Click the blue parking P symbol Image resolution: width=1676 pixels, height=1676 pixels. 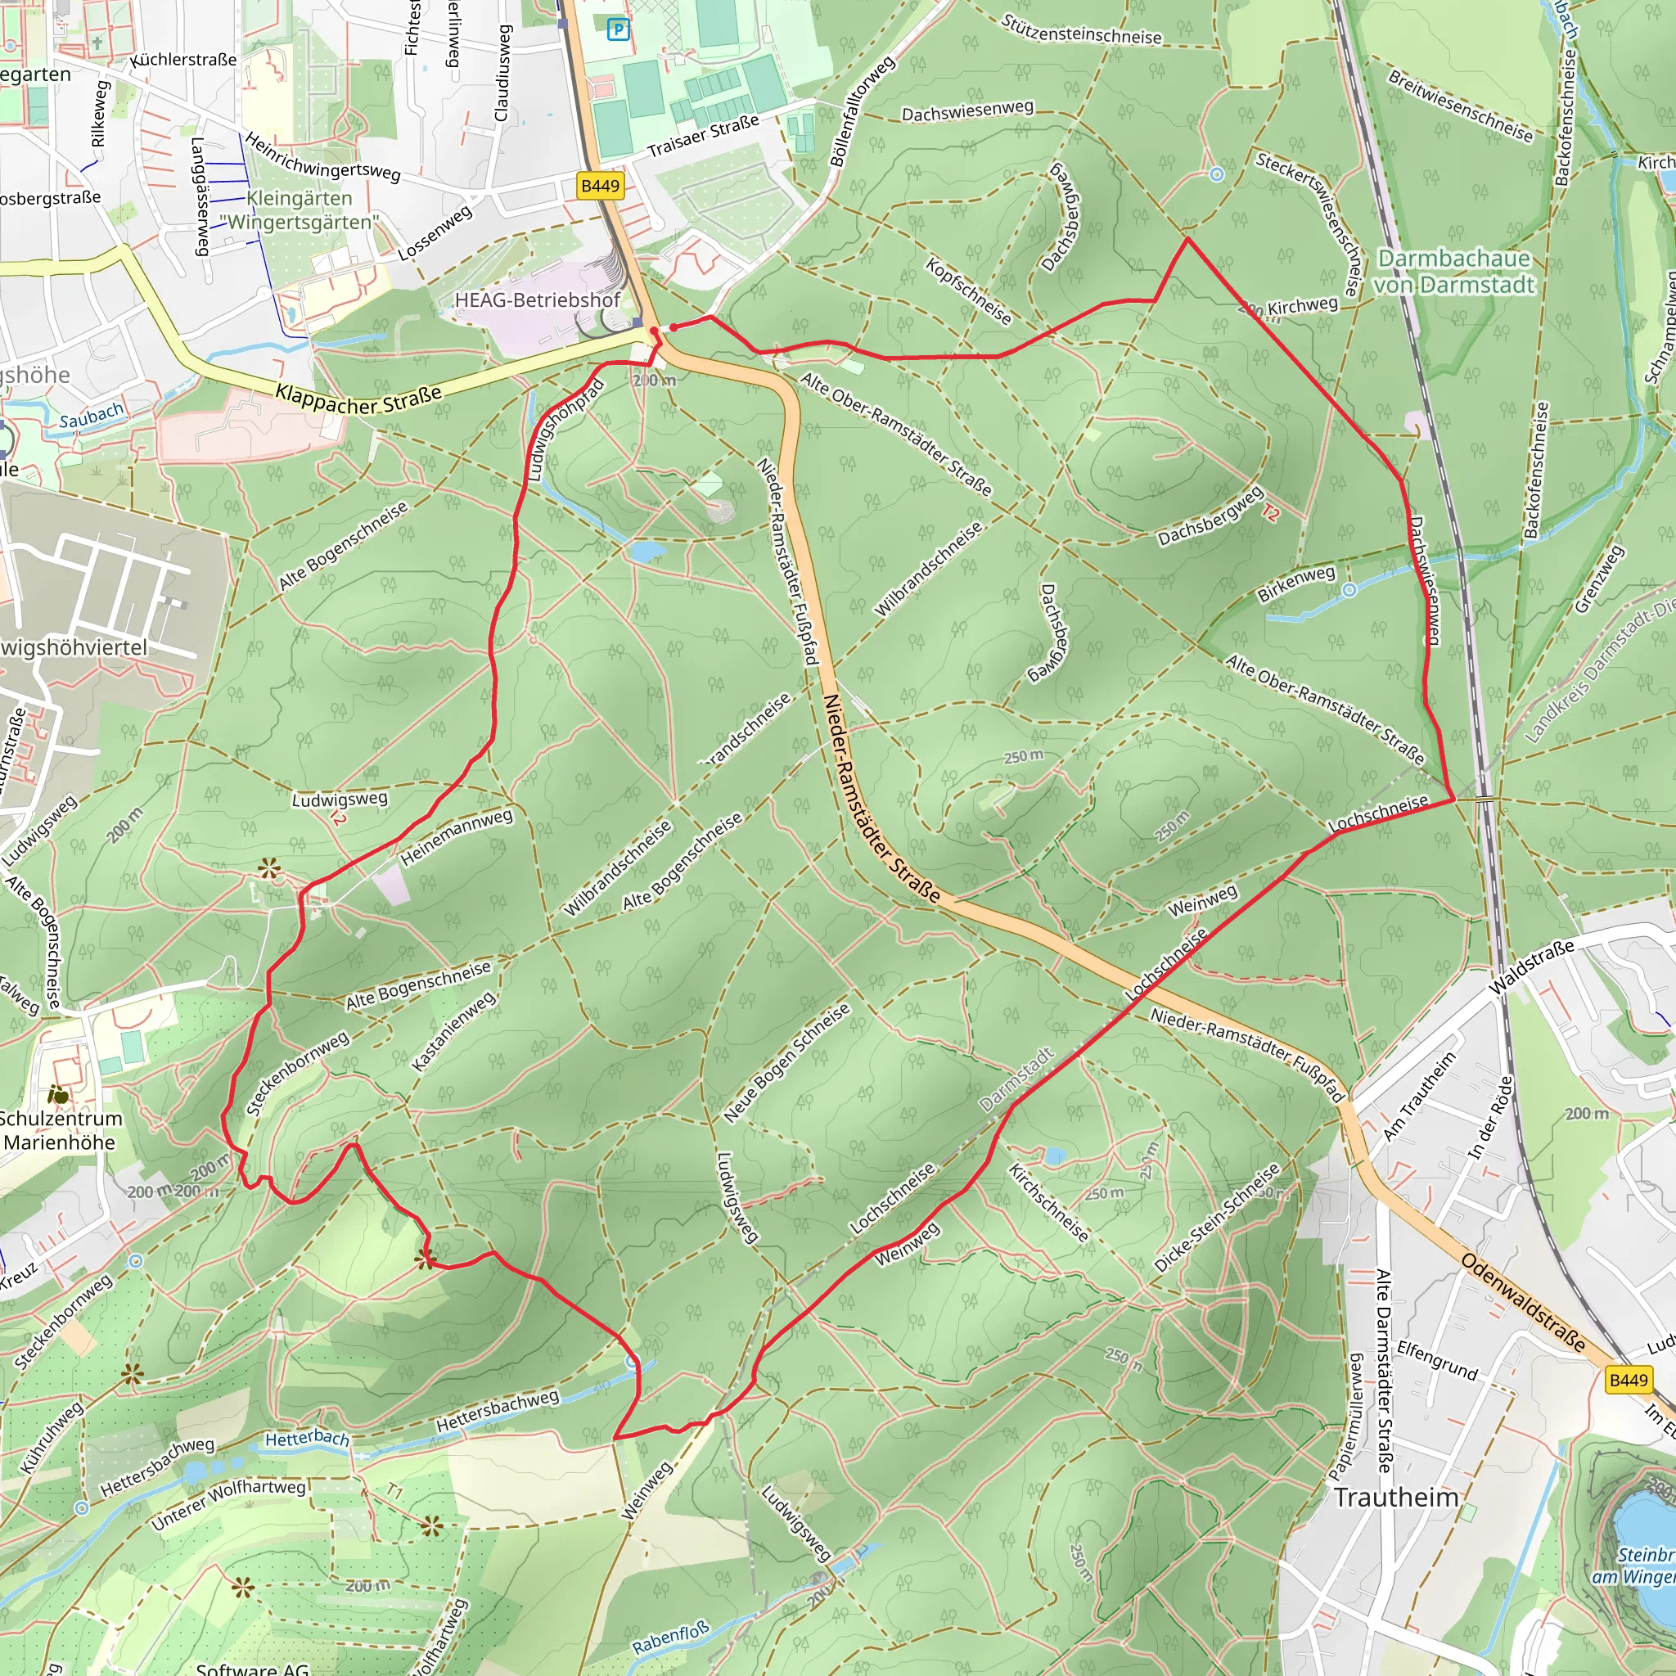(618, 30)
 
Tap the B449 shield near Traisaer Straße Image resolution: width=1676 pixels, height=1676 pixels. (601, 186)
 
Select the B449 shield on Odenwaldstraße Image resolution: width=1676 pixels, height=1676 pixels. (1628, 1381)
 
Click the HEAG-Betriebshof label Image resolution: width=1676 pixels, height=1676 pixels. (538, 300)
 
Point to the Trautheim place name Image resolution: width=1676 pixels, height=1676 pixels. (1396, 1498)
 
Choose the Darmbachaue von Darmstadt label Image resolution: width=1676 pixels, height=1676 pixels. (1454, 272)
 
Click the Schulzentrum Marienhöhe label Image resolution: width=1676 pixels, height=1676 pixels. (61, 1130)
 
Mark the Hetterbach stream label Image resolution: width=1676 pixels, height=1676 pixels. (307, 1439)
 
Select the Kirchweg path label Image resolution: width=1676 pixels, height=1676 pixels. (1302, 305)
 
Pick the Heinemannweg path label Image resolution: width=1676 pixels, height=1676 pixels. (457, 837)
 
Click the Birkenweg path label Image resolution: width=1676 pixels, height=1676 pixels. (1296, 583)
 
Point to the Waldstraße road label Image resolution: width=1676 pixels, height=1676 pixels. (1531, 967)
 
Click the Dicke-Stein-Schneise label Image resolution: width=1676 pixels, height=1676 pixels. (1217, 1218)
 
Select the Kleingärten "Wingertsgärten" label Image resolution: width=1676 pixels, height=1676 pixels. (300, 210)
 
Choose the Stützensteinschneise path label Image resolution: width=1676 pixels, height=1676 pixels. (1081, 29)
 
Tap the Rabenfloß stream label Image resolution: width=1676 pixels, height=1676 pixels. (669, 1638)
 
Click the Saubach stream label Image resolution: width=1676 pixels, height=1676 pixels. (91, 416)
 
